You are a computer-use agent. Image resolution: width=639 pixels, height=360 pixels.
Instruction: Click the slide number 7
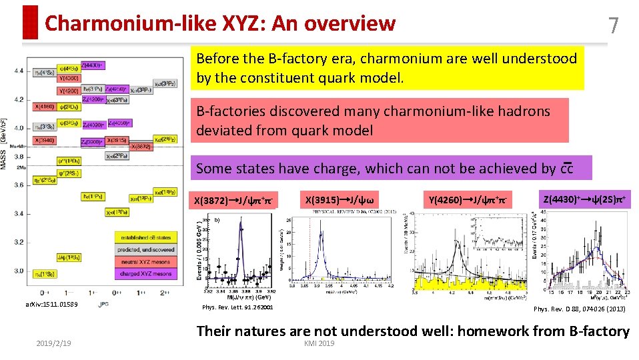pyautogui.click(x=614, y=25)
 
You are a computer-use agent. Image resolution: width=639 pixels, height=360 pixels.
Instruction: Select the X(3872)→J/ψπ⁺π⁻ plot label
pyautogui.click(x=234, y=200)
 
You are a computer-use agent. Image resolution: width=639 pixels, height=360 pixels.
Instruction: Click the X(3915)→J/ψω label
pyautogui.click(x=339, y=199)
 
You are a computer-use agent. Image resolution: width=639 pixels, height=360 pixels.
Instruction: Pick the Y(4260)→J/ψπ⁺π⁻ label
pyautogui.click(x=467, y=199)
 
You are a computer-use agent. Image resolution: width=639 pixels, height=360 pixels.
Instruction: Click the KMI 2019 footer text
pyautogui.click(x=319, y=343)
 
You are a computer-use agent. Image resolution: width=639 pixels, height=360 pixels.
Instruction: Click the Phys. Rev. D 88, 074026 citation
pyautogui.click(x=580, y=309)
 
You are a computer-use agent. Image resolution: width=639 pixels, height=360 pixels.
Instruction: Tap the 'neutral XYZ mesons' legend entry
pyautogui.click(x=145, y=261)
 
